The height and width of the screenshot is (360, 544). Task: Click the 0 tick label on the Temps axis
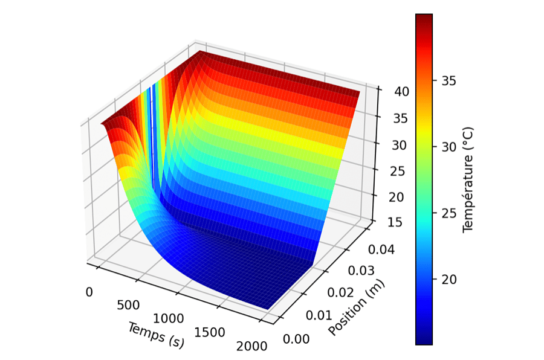pyautogui.click(x=89, y=292)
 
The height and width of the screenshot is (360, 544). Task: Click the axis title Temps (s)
pyautogui.click(x=156, y=335)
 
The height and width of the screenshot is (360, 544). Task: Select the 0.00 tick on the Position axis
pyautogui.click(x=296, y=338)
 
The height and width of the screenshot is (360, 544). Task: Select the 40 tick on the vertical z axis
pyautogui.click(x=387, y=91)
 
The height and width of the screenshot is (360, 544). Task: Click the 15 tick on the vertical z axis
pyautogui.click(x=387, y=224)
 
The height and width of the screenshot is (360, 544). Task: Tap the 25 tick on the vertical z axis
pyautogui.click(x=387, y=171)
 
